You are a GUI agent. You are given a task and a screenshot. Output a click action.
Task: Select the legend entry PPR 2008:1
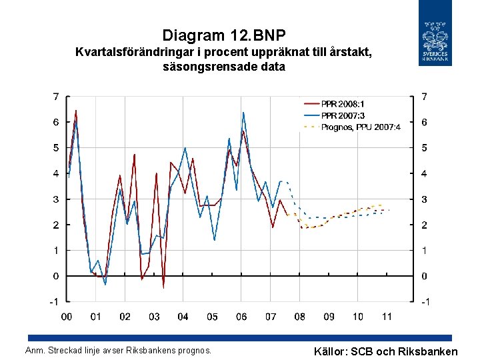coord(343,104)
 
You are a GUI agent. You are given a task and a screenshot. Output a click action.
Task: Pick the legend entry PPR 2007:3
coord(343,115)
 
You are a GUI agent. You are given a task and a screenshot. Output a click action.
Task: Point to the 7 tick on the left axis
coord(56,97)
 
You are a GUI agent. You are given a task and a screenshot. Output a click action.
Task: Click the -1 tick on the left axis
coord(54,301)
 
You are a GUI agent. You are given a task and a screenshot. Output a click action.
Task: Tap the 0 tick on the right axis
coord(425,276)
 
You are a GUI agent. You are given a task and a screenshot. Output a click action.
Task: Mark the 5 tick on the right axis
coord(425,147)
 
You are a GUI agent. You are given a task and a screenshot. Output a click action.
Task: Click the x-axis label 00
coord(67,317)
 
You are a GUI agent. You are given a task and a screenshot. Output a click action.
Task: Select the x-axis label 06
coord(241,317)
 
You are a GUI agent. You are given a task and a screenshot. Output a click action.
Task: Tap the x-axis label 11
coord(387,317)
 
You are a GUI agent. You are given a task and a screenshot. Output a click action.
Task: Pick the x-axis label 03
coord(154,317)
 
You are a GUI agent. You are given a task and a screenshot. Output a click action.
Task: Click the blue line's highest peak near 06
coord(243,112)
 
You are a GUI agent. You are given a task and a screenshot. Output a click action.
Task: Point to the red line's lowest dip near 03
coord(163,288)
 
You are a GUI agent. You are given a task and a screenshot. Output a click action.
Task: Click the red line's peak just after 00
coord(75,110)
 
